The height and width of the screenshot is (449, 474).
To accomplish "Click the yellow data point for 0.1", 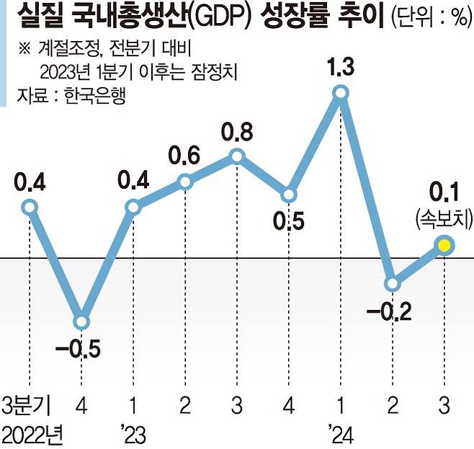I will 444,246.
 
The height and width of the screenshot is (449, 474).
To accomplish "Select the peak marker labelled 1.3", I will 341,92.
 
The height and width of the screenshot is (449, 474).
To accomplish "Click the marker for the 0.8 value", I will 237,156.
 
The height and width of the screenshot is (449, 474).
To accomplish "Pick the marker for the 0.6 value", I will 185,182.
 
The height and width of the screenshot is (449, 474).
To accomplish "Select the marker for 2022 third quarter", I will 29,208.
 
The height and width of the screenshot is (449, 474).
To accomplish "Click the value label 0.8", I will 236,133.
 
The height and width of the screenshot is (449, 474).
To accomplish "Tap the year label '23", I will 134,434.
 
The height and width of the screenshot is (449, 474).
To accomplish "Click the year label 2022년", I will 32,434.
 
